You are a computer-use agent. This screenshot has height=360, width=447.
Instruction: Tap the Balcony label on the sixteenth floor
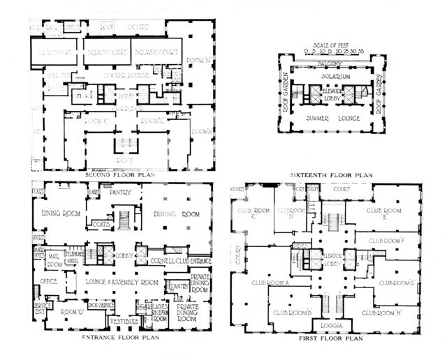[x=330, y=63]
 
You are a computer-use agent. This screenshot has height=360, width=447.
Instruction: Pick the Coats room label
[x=101, y=224]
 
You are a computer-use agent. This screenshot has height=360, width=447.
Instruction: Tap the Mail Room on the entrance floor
[x=54, y=261]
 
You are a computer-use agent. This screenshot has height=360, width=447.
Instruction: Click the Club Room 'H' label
[x=388, y=313]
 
